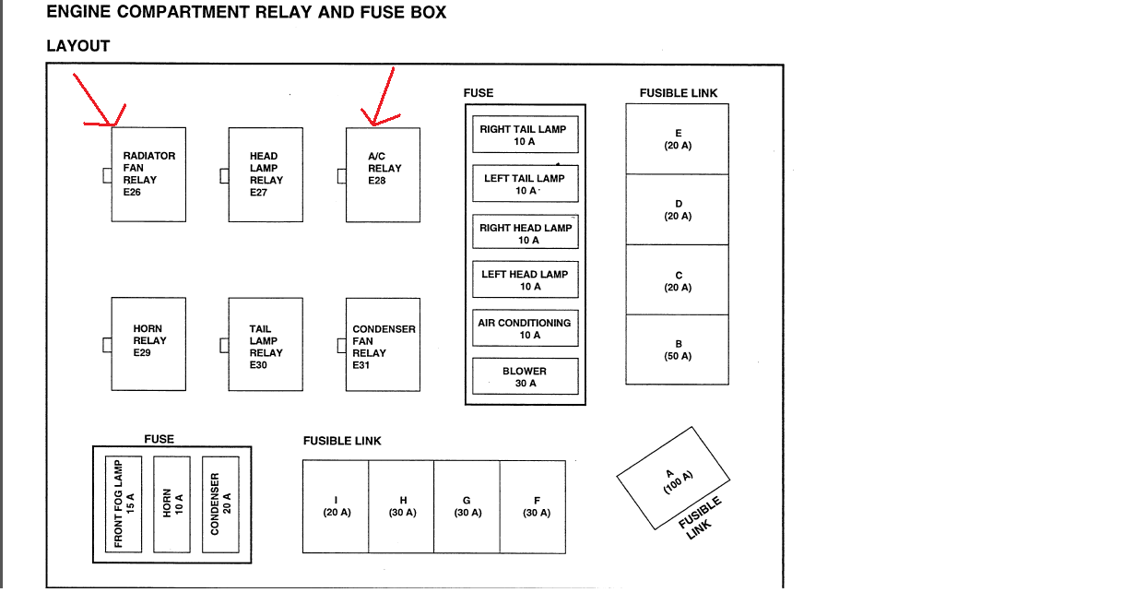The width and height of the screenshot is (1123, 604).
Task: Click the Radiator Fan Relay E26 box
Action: point(148,174)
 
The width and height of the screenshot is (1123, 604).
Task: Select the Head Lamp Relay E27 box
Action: point(266,174)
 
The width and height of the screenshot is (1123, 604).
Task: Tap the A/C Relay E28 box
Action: point(383,174)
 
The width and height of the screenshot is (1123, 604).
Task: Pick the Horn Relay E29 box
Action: point(148,344)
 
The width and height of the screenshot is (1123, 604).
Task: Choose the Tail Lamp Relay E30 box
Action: point(266,344)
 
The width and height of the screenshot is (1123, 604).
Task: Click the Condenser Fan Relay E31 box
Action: point(383,344)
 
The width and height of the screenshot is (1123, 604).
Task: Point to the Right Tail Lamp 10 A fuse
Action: point(526,135)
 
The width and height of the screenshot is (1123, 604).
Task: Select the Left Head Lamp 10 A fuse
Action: point(526,279)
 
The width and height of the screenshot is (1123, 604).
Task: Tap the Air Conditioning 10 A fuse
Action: point(526,327)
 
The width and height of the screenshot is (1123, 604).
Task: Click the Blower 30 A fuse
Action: point(526,376)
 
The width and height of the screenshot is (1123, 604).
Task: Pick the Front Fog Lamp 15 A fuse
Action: point(124,504)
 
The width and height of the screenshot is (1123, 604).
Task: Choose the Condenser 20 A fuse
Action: point(220,504)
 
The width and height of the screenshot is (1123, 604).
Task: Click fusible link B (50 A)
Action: point(678,349)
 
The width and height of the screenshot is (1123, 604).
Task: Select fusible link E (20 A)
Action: point(678,139)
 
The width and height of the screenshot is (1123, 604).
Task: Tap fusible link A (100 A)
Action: point(673,479)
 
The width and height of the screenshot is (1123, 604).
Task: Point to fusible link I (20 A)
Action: point(336,507)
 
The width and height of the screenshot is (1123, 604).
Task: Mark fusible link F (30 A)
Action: point(533,507)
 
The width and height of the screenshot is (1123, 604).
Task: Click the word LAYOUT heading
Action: point(78,46)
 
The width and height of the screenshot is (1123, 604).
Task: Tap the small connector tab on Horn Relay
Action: point(107,345)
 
